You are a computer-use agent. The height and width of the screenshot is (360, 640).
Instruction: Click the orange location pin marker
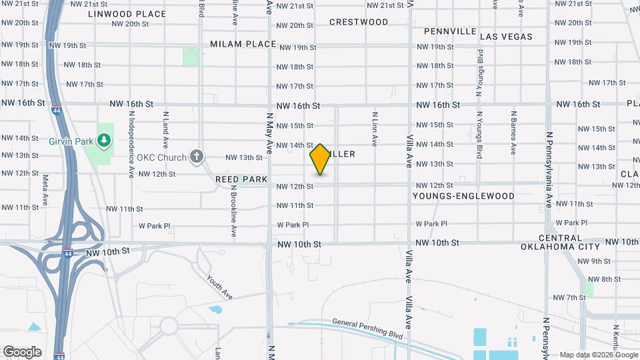tap(320, 159)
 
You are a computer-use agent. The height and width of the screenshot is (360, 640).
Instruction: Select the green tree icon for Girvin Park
tap(103, 140)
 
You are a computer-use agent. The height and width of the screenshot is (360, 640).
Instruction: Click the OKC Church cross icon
tap(195, 157)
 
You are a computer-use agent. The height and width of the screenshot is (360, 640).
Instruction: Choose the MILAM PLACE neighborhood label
tap(243, 44)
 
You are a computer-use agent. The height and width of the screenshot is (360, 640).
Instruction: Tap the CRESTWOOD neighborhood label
tap(359, 22)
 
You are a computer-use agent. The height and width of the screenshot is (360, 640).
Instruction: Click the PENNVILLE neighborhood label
tap(450, 31)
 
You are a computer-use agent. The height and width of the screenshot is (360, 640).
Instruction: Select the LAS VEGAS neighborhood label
tap(506, 37)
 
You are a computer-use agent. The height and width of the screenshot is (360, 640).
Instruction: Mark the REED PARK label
tap(241, 179)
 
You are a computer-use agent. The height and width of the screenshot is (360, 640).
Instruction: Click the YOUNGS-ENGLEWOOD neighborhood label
tap(463, 196)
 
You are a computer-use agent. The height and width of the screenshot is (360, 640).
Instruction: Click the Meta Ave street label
tap(45, 190)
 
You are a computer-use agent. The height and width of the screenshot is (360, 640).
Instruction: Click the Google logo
tap(22, 352)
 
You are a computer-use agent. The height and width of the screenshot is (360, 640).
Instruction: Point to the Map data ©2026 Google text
tap(597, 355)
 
